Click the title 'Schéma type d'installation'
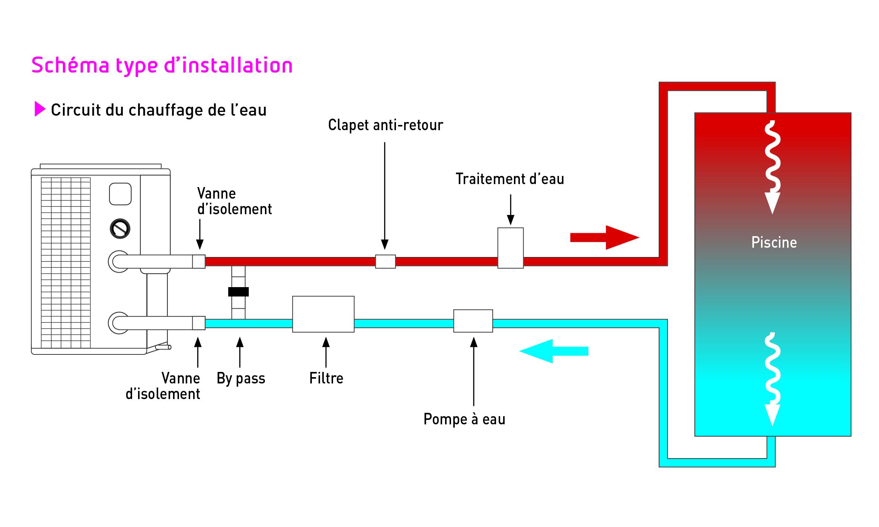[x=162, y=65]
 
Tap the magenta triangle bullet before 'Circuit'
[x=39, y=109]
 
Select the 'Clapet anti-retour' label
[x=385, y=125]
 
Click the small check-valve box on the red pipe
[x=385, y=261]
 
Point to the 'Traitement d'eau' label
[x=510, y=179]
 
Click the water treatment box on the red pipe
[x=511, y=248]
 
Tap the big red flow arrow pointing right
[x=604, y=237]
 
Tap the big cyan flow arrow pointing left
[x=554, y=351]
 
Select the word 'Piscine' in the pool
[x=774, y=242]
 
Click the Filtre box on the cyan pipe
[x=323, y=314]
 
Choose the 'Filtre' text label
[x=326, y=379]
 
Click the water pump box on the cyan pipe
[x=473, y=321]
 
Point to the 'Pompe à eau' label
[x=464, y=420]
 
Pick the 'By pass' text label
[x=241, y=379]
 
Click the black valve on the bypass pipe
[x=238, y=292]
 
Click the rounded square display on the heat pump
[x=120, y=194]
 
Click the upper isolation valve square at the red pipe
[x=199, y=261]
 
